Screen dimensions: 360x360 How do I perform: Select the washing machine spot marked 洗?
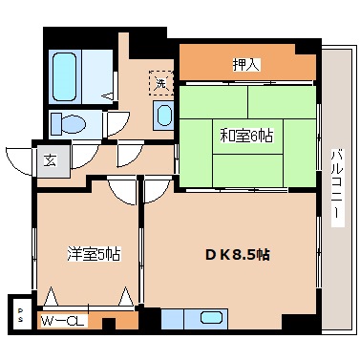click(160, 83)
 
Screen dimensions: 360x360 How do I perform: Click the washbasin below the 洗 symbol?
click(164, 116)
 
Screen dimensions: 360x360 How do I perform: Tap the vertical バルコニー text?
click(335, 187)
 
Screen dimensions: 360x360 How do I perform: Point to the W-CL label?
click(64, 320)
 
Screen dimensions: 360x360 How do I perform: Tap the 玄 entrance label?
click(49, 159)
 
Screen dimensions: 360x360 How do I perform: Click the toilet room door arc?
click(117, 123)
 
